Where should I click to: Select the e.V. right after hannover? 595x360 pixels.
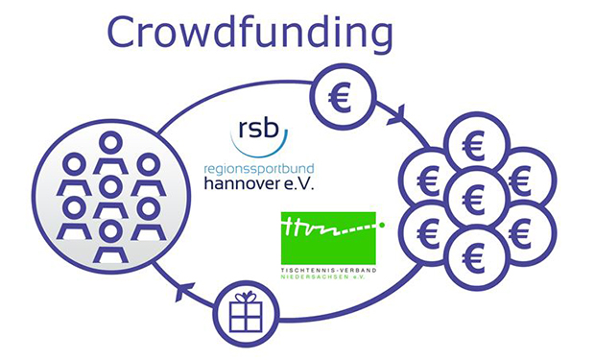point(301,181)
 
